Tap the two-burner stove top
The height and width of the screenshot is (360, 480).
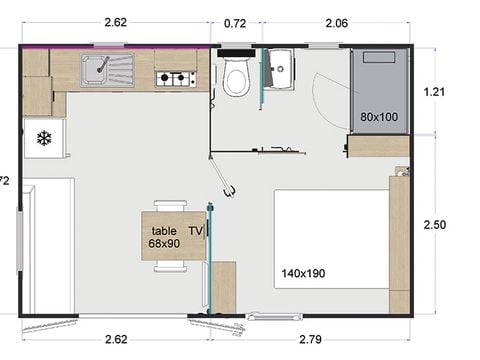tap(174, 77)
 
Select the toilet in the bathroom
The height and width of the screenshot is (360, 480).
tap(237, 77)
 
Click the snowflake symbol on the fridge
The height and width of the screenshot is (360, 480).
tap(44, 138)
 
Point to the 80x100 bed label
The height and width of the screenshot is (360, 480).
tap(379, 118)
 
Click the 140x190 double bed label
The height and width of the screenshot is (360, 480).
tap(304, 271)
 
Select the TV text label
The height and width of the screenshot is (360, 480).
tap(196, 230)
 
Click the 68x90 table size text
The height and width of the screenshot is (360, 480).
tap(164, 243)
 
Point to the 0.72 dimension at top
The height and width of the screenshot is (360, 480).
tap(236, 22)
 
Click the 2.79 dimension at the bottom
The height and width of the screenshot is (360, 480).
tap(328, 339)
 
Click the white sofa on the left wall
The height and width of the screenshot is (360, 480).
tap(48, 245)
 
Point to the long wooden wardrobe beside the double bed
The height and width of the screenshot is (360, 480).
tap(399, 240)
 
